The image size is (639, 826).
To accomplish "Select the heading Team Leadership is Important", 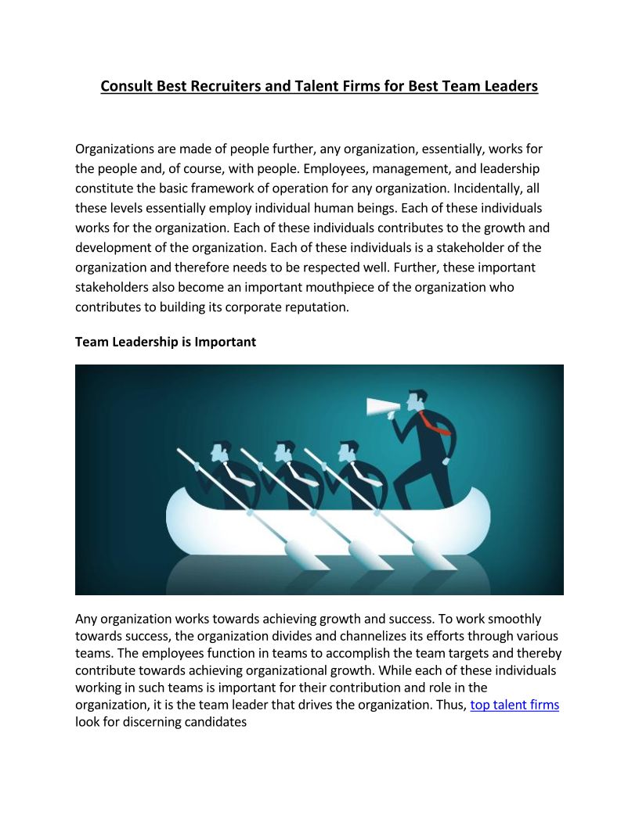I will click(165, 342).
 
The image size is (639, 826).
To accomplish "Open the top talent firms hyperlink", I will click(514, 705).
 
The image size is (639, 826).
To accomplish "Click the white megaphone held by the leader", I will click(383, 407).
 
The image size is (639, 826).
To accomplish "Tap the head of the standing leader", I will click(418, 400).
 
